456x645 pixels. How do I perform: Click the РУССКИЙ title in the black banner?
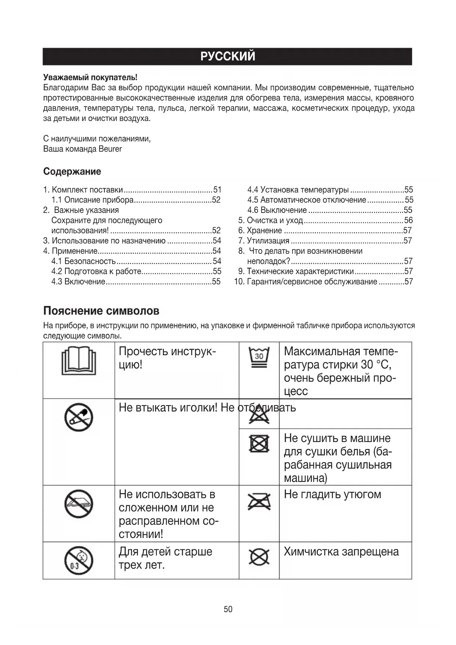228,56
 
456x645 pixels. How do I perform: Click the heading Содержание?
72,171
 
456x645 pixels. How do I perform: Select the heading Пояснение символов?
101,311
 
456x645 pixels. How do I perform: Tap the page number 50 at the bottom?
228,609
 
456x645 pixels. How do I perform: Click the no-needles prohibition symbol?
79,417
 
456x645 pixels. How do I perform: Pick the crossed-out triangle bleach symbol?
259,415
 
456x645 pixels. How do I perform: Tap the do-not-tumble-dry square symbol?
259,443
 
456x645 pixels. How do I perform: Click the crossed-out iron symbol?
259,502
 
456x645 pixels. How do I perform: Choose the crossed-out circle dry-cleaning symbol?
259,557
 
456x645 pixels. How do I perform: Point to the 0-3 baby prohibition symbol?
79,560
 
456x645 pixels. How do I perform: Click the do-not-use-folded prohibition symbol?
79,504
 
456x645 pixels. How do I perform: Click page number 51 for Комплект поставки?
217,190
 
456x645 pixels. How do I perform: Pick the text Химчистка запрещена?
341,552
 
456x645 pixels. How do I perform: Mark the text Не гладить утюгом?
332,494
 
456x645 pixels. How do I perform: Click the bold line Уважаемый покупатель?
90,77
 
